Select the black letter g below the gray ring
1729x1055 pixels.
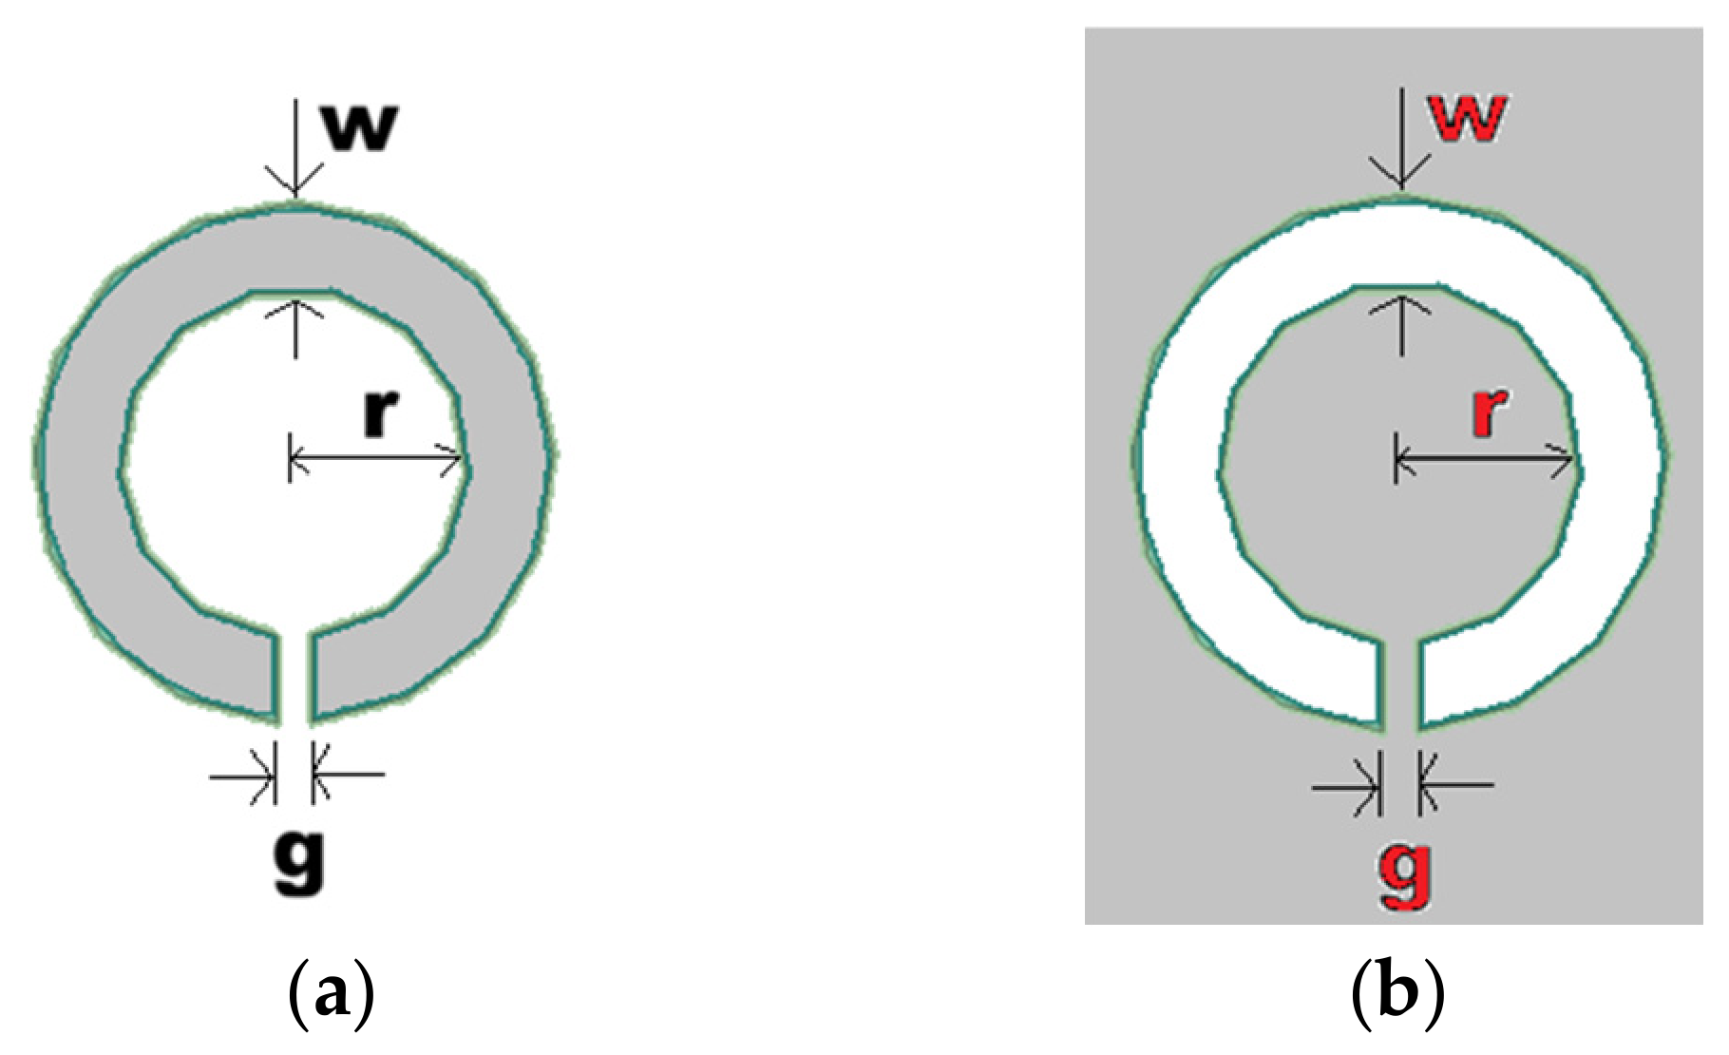pos(300,863)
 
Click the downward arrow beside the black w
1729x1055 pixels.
pos(294,148)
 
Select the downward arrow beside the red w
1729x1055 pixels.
pos(1401,139)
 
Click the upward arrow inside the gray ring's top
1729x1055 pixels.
pos(294,329)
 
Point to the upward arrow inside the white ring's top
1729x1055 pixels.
pos(1401,325)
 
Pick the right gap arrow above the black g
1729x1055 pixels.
pos(348,776)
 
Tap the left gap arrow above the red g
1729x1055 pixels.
pos(1347,786)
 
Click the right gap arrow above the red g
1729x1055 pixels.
pos(1456,785)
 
